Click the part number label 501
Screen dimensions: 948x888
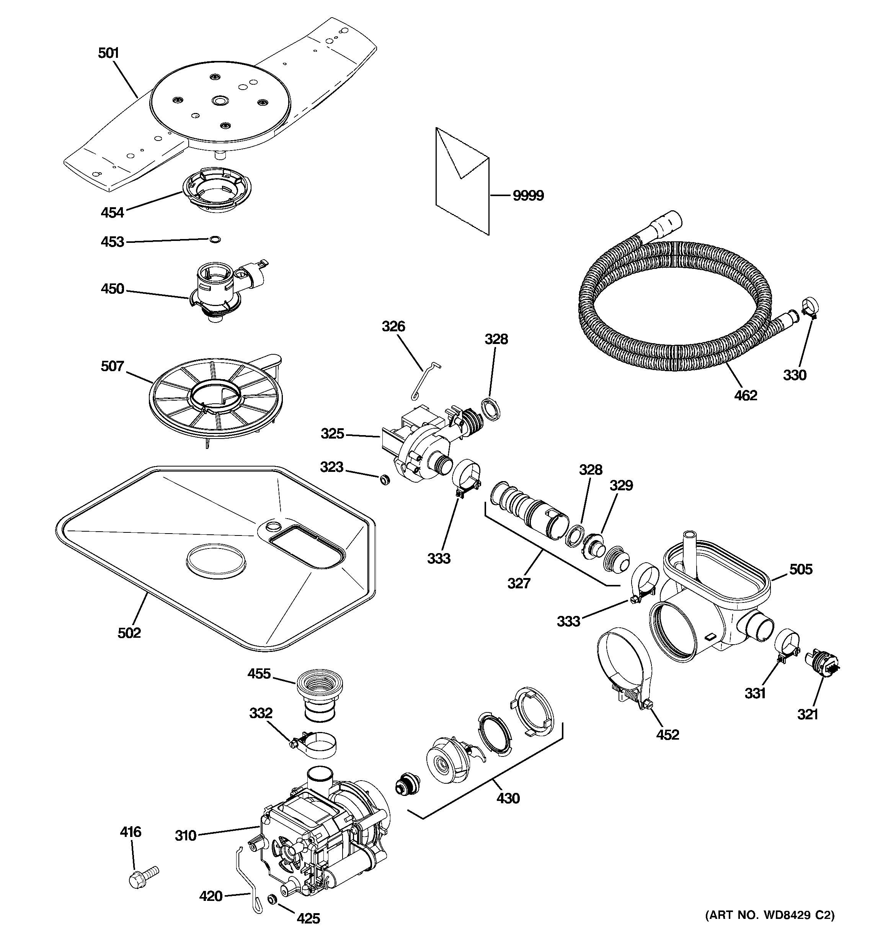108,53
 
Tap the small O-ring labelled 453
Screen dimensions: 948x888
215,239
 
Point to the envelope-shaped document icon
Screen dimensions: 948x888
461,181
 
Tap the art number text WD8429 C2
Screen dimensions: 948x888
770,928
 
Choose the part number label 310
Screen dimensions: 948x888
185,835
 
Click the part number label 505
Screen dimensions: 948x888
801,569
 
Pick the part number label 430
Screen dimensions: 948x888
508,798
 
